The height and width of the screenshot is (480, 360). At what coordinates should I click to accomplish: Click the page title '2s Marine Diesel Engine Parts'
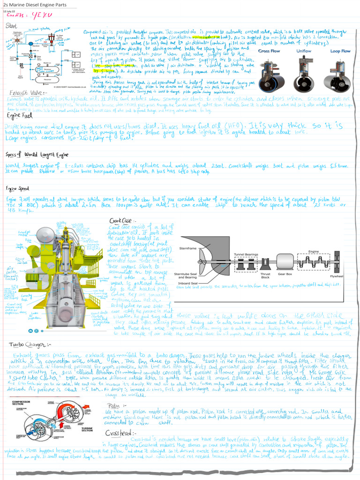point(35,5)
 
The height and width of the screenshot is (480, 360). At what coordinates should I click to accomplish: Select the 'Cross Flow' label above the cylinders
point(270,51)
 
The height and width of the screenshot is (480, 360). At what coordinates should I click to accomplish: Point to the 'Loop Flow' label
point(338,51)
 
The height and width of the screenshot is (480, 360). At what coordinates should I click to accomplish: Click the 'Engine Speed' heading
point(18,188)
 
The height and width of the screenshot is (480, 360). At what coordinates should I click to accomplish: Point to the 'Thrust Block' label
point(265,275)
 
